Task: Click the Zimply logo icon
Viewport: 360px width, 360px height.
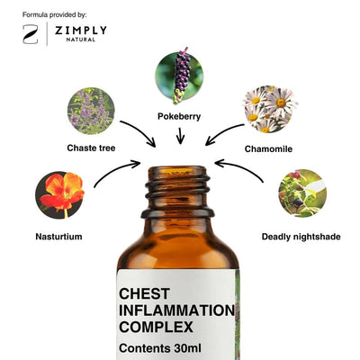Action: pos(31,34)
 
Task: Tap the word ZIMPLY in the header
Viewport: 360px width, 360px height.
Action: pos(81,31)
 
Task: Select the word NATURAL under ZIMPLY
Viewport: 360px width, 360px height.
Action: pos(81,40)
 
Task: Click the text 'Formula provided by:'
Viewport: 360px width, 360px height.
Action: pos(54,14)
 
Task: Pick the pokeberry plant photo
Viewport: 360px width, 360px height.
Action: pos(179,76)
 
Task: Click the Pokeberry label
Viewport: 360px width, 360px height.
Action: pos(179,116)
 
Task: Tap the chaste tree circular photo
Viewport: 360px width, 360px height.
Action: pos(91,111)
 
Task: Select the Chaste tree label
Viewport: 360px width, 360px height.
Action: pos(91,148)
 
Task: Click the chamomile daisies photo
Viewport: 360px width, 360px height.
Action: pos(270,109)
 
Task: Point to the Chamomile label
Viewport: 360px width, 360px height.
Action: pos(268,148)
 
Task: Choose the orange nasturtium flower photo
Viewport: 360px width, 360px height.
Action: pos(59,195)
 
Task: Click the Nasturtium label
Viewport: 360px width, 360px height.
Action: pos(58,237)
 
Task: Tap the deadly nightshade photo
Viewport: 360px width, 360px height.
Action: pos(302,193)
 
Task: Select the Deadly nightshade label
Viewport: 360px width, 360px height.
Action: pos(301,237)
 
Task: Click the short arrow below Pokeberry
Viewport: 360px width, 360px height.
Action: pos(180,136)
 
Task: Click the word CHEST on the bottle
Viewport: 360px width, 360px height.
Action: pos(144,293)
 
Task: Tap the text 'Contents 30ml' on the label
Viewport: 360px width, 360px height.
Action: pos(160,348)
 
